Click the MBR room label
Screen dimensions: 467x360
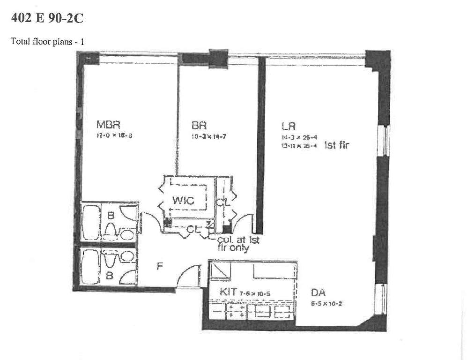(x=109, y=125)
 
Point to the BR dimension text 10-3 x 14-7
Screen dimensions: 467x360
(x=206, y=136)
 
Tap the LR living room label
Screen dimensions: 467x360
(x=288, y=126)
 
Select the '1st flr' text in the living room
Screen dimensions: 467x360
(x=337, y=145)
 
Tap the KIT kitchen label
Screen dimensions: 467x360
(x=228, y=292)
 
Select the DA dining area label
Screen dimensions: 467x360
(x=318, y=293)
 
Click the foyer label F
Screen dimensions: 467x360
(x=160, y=267)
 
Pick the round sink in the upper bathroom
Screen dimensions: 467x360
(x=126, y=234)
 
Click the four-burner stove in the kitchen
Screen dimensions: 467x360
(x=235, y=311)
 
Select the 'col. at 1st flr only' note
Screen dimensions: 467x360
(x=237, y=244)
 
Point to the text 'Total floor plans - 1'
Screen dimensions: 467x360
(x=47, y=42)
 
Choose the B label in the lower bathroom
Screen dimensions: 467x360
(x=110, y=276)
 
